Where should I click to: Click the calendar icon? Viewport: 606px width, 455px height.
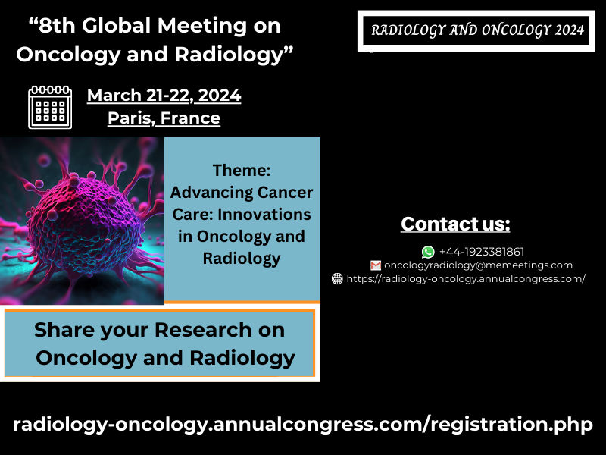[50, 107]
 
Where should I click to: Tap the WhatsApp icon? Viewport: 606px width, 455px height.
[428, 252]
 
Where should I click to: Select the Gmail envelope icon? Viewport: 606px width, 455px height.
[375, 265]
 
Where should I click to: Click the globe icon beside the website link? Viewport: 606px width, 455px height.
[337, 278]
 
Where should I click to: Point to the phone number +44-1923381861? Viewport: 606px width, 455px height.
[482, 252]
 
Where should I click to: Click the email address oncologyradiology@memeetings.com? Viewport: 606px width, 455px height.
[478, 265]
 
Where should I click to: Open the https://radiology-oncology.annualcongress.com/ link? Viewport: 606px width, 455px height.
[466, 279]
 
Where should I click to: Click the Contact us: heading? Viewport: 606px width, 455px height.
[455, 224]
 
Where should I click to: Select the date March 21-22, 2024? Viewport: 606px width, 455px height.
[164, 96]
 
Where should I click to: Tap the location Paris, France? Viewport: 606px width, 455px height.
[164, 118]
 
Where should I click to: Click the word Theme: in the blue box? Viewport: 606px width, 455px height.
[242, 170]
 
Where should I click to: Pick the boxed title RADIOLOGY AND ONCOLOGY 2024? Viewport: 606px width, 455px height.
[476, 30]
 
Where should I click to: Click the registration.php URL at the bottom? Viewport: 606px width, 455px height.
[303, 424]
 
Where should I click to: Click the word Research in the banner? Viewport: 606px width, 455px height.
[203, 330]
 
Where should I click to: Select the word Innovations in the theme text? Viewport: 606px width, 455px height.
[264, 215]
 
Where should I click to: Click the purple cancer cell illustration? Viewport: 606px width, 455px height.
[82, 221]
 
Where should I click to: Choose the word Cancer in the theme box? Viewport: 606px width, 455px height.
[286, 193]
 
